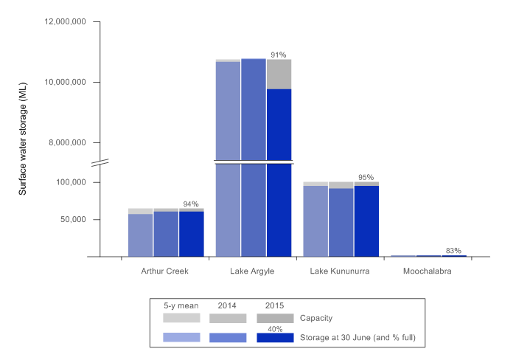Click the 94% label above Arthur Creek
pyautogui.click(x=191, y=204)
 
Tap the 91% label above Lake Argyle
pyautogui.click(x=278, y=55)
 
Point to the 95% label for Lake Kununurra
pyautogui.click(x=366, y=177)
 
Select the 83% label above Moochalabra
pyautogui.click(x=453, y=250)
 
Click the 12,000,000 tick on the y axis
pyautogui.click(x=66, y=21)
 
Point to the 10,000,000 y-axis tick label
pyautogui.click(x=66, y=82)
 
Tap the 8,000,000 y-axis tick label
pyautogui.click(x=68, y=142)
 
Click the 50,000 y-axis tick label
pyautogui.click(x=74, y=219)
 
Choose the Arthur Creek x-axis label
pyautogui.click(x=164, y=271)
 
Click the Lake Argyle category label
pyautogui.click(x=253, y=271)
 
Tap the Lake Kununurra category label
pyautogui.click(x=340, y=271)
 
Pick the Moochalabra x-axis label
pyautogui.click(x=428, y=271)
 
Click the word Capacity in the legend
pyautogui.click(x=317, y=318)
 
